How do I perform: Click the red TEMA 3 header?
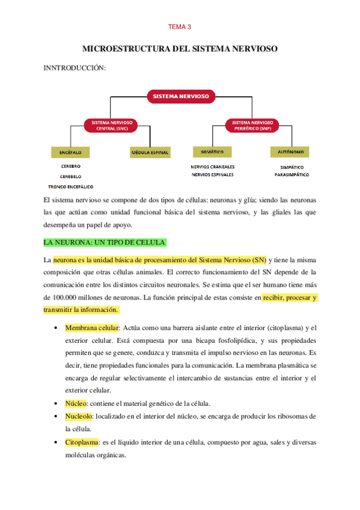click(180, 26)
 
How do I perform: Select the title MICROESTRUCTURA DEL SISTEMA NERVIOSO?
click(180, 49)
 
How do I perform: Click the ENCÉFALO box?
click(70, 152)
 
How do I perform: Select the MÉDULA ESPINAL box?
click(150, 152)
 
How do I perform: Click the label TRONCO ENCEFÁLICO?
click(71, 186)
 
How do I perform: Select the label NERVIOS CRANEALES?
click(213, 167)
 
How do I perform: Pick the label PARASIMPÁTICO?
click(291, 175)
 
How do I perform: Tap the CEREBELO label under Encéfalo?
click(70, 176)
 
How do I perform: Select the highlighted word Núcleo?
click(76, 402)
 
